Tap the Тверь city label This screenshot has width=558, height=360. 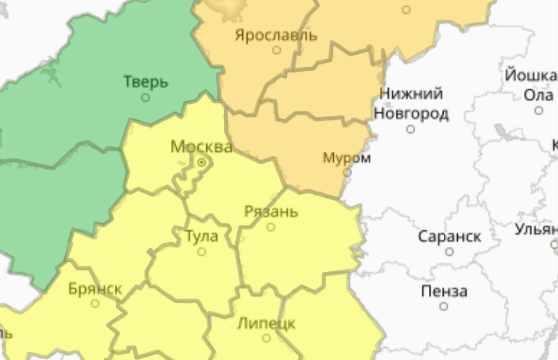[146, 82]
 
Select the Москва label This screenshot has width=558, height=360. [201, 147]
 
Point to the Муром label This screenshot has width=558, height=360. [347, 158]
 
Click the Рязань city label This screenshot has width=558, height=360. [271, 212]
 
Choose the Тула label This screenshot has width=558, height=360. [202, 237]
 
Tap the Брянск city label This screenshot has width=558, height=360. [95, 289]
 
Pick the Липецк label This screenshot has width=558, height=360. [266, 324]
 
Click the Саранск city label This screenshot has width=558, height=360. [449, 237]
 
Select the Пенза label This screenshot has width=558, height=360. [444, 291]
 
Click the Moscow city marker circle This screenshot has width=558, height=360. [202, 163]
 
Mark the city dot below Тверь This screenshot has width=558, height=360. [146, 97]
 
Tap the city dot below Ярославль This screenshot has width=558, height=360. [276, 50]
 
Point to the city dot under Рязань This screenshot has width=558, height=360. [271, 227]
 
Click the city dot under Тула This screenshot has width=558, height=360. [202, 252]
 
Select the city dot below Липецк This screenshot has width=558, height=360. [266, 338]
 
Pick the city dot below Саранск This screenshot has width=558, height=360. [450, 252]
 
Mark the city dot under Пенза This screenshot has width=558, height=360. [443, 306]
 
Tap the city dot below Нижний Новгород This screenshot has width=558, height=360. [411, 129]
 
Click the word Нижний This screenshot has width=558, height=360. [411, 94]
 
